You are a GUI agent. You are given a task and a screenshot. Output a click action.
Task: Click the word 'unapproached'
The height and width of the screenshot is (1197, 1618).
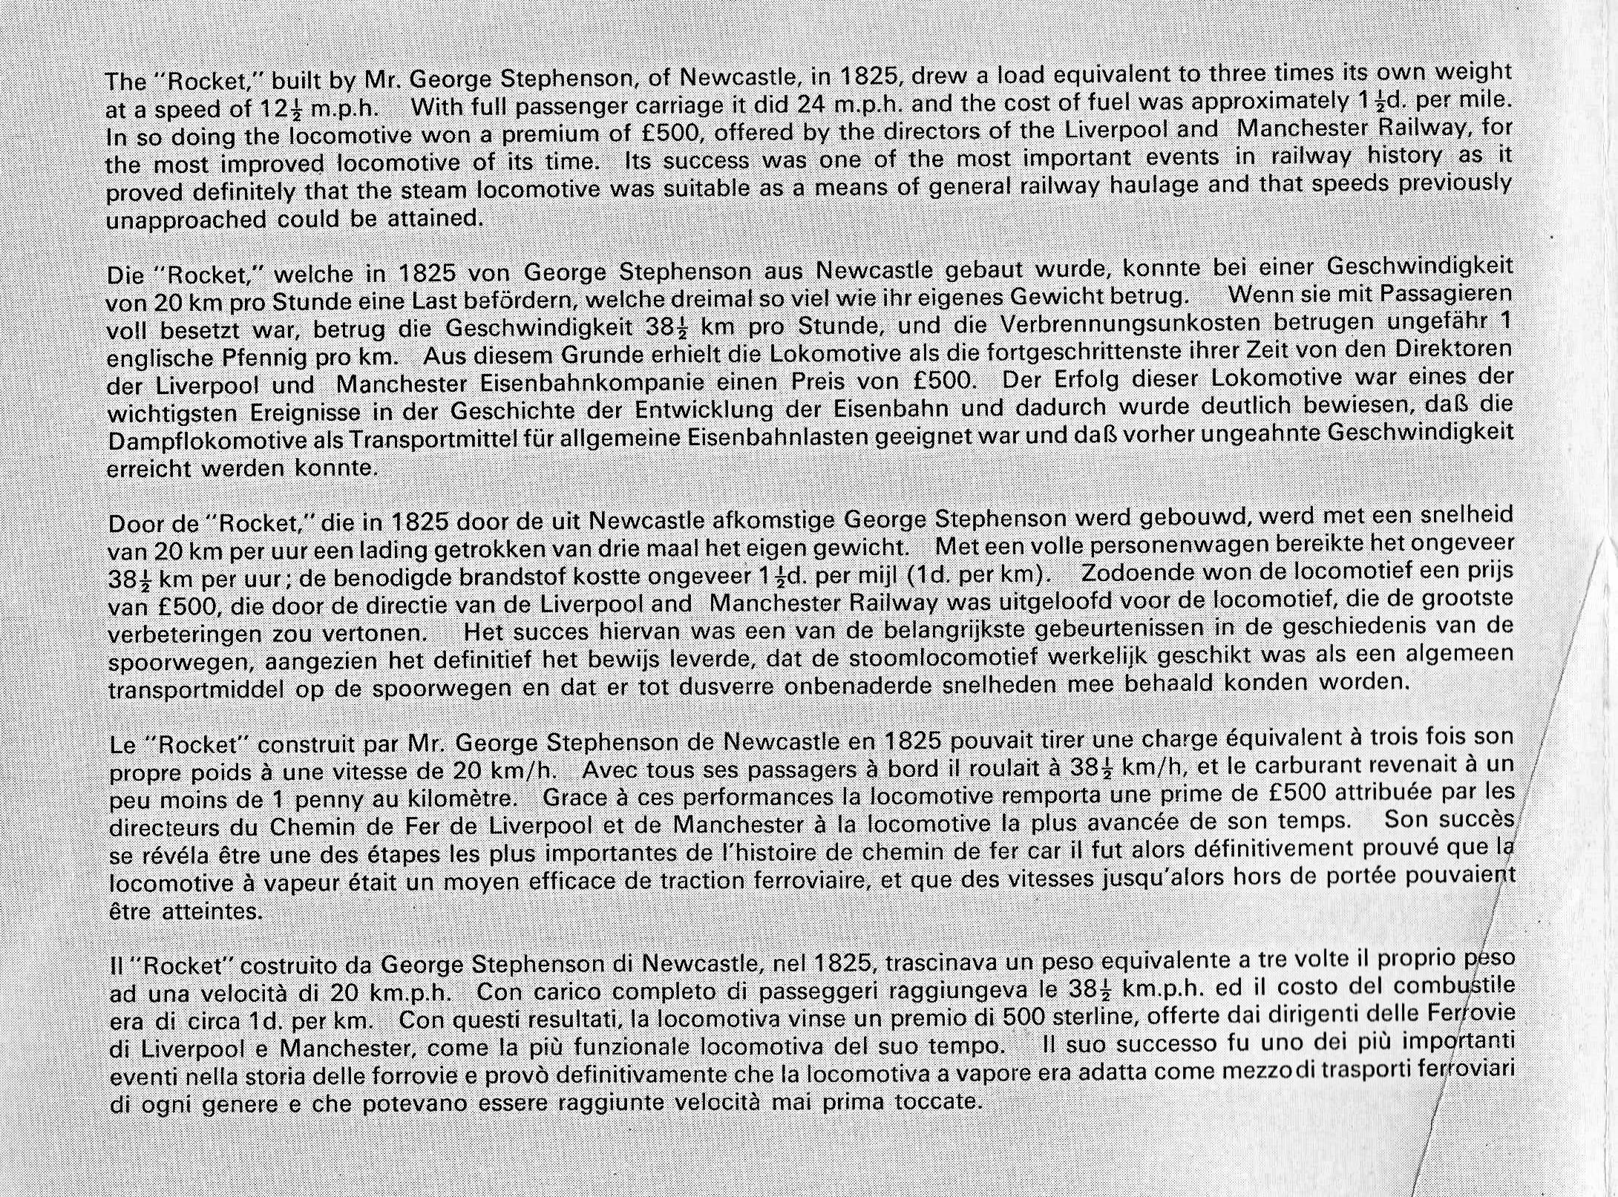186,220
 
